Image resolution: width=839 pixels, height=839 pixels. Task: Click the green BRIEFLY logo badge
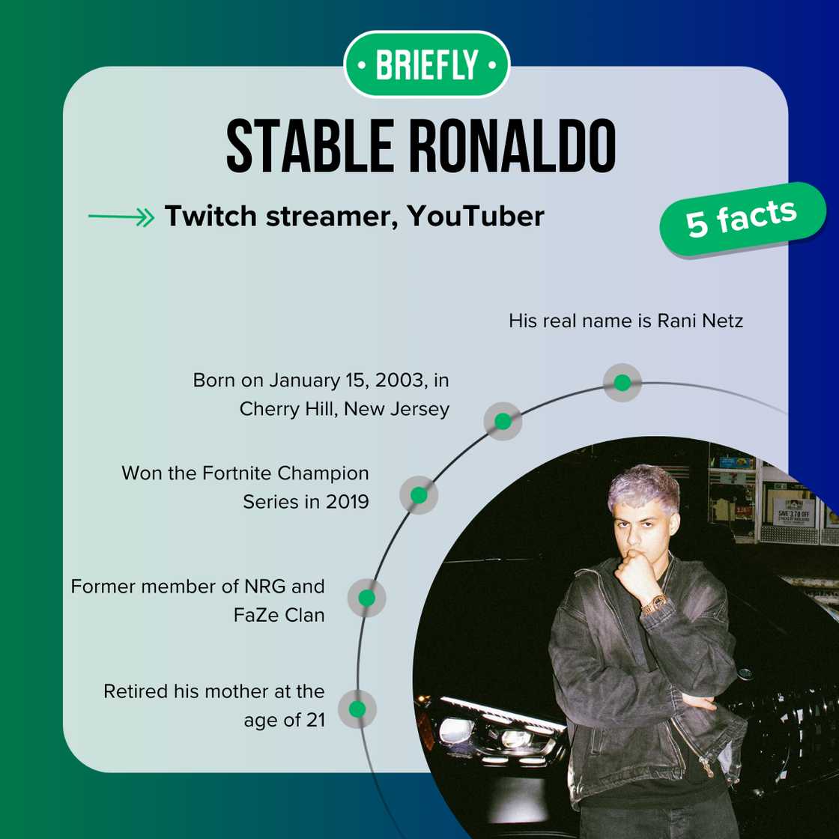coord(426,64)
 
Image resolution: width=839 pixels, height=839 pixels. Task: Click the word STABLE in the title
coord(309,146)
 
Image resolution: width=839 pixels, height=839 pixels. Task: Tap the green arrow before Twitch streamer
coord(121,217)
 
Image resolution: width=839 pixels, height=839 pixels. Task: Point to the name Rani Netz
coord(700,321)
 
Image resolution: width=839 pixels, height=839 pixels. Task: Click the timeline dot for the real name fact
coord(622,383)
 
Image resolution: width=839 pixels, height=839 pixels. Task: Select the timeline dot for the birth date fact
coord(503,421)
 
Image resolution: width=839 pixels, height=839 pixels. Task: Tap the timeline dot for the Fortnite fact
coord(419,495)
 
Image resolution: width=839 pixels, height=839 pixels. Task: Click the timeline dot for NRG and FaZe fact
coord(366,598)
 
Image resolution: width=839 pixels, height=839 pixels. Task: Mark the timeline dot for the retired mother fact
coord(357,709)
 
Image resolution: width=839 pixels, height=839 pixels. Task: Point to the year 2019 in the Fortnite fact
coord(344,501)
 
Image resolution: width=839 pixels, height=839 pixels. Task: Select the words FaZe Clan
coord(279,615)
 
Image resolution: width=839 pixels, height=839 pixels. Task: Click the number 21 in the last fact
coord(315,720)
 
